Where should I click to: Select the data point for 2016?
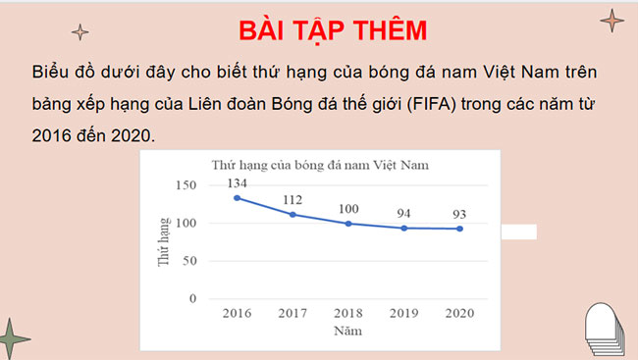[x=237, y=198]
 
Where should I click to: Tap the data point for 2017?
[x=292, y=215]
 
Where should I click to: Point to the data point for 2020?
[x=459, y=229]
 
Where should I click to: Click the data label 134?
[x=237, y=184]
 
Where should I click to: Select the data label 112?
[x=292, y=200]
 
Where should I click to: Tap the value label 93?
[x=459, y=215]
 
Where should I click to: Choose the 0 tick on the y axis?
[x=193, y=298]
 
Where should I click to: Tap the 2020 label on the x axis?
[x=459, y=313]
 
